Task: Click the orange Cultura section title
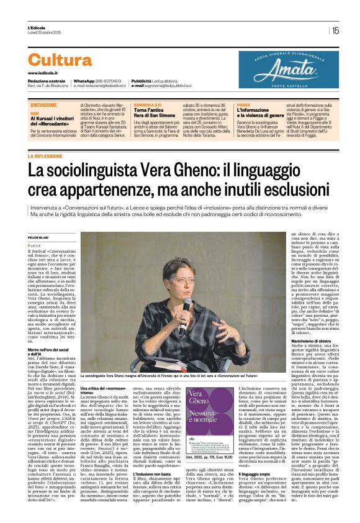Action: [60, 60]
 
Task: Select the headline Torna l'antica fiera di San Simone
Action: [153, 114]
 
